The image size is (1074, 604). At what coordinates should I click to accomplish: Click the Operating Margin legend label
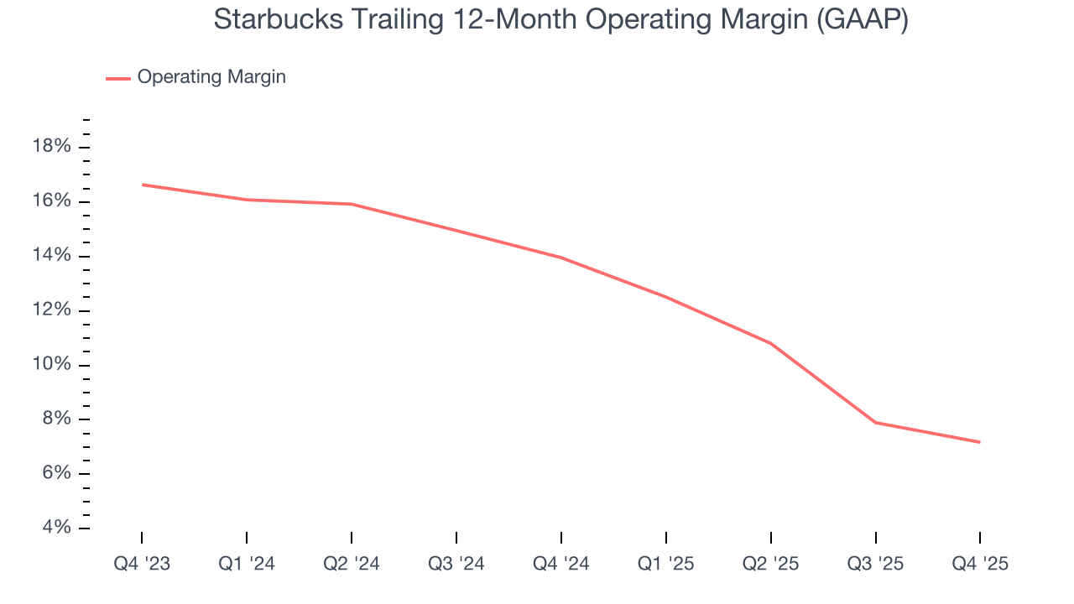[x=211, y=77]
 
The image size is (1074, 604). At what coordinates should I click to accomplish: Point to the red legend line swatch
[x=117, y=78]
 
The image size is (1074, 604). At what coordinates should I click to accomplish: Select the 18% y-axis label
[x=51, y=147]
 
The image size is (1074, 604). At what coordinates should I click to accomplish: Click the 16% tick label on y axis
[x=51, y=201]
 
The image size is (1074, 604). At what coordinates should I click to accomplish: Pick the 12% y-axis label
[x=51, y=310]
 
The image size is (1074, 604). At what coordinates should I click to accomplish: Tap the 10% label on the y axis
[x=51, y=365]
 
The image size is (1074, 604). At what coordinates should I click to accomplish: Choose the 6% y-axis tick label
[x=55, y=473]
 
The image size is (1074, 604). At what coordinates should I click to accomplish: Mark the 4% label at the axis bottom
[x=55, y=528]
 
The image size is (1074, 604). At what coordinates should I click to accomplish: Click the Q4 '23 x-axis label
[x=142, y=564]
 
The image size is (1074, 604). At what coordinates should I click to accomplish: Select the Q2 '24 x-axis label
[x=352, y=564]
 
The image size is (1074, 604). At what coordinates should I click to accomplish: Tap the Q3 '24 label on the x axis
[x=456, y=564]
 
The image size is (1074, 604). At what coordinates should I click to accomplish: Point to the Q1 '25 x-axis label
[x=666, y=564]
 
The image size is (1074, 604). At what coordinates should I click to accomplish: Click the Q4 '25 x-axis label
[x=980, y=564]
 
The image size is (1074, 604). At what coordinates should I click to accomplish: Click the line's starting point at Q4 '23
[x=142, y=185]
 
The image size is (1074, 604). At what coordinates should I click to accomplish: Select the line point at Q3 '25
[x=875, y=422]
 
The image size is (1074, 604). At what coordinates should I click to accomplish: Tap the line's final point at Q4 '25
[x=980, y=442]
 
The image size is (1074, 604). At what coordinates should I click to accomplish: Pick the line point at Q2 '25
[x=770, y=343]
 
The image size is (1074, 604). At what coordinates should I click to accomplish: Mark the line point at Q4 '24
[x=561, y=258]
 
